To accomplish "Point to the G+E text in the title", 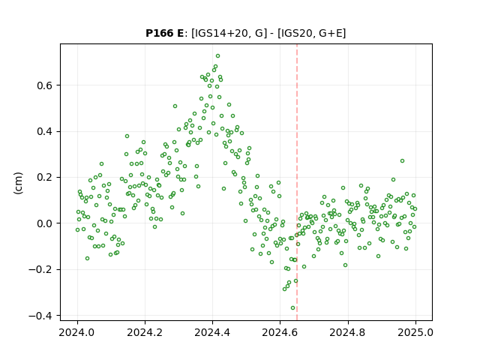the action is tap(331, 33).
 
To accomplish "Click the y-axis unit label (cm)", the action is tap(18, 183).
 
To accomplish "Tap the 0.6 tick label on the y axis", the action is tap(45, 85).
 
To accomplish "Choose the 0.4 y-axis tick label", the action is tap(45, 132).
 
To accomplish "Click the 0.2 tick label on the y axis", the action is tap(45, 178).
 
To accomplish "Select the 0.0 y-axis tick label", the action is tap(45, 223).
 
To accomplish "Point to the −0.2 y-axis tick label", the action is tap(40, 270).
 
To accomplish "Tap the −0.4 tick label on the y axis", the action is tap(40, 316).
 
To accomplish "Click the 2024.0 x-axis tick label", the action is tap(77, 332).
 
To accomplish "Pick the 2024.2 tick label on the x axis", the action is tap(145, 332).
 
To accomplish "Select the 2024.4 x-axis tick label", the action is tap(212, 332).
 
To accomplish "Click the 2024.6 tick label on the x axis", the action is tap(280, 332).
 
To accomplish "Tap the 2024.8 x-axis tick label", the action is tap(348, 332).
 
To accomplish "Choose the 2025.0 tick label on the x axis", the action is tap(415, 332).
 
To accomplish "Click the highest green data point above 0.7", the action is tap(218, 56).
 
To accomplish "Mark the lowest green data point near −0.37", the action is tap(293, 308).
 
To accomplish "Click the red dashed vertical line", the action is tap(297, 182).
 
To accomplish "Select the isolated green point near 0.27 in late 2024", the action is tap(402, 161).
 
